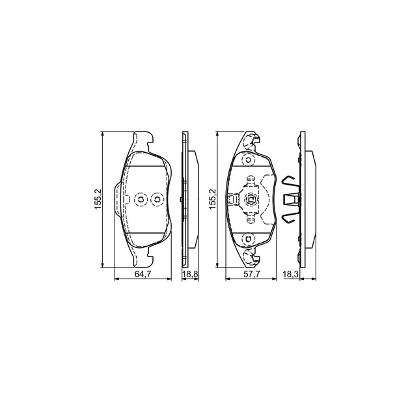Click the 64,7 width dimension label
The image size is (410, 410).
143,275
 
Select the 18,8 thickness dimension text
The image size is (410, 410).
189,275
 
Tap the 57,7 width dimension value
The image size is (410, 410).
252,275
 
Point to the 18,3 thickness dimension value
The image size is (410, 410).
291,275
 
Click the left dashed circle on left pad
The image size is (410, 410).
140,199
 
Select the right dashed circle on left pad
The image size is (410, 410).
156,199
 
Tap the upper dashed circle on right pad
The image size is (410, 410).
248,160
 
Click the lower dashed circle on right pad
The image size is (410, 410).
248,239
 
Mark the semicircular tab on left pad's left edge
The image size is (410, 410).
116,199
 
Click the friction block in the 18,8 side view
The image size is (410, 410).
193,199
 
